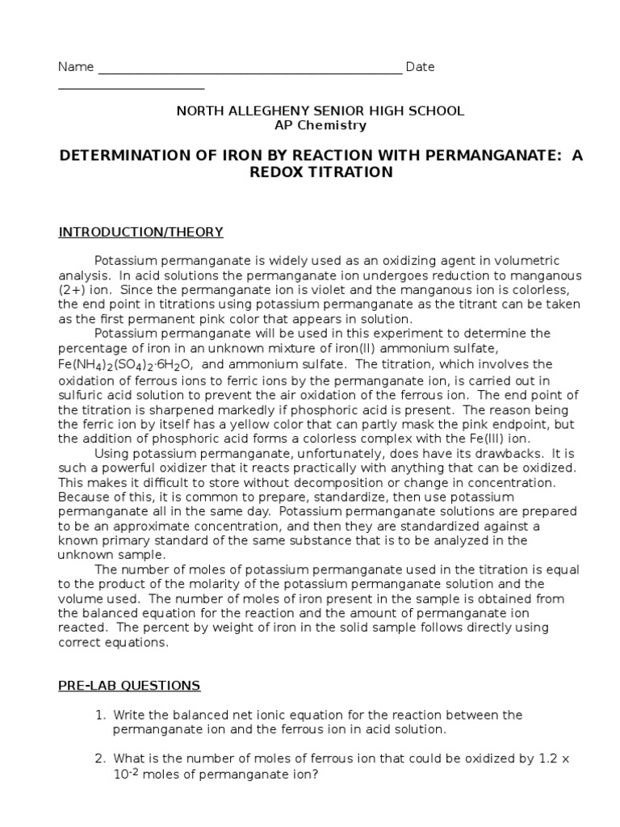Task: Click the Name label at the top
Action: click(76, 67)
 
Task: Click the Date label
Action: click(420, 67)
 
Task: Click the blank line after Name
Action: click(249, 72)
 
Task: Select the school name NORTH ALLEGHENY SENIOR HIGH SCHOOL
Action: click(320, 111)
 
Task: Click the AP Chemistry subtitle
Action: click(320, 125)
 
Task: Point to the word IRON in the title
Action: click(238, 154)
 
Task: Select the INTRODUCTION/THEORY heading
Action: click(140, 233)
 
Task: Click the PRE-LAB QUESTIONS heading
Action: click(129, 686)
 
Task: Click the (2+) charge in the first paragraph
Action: click(72, 289)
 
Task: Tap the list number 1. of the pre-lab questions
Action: click(100, 715)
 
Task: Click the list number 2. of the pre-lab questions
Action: click(100, 758)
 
